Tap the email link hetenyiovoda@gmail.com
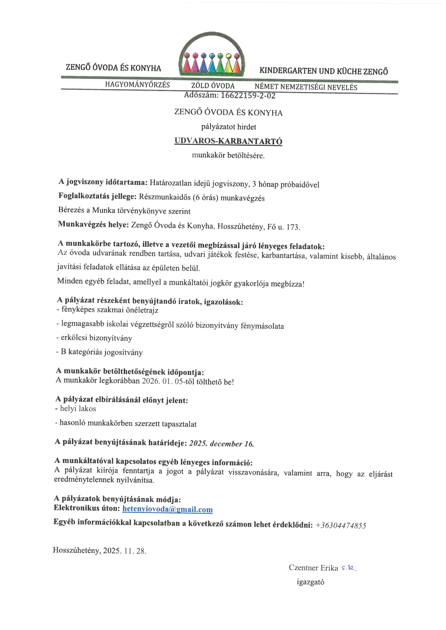coord(168,509)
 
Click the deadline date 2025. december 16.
coord(221,444)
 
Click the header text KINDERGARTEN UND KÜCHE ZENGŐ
coord(324,71)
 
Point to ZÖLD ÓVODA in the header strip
coord(213,86)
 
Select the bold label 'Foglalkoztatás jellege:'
coord(97,196)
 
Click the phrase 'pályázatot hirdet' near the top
coord(229,127)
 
